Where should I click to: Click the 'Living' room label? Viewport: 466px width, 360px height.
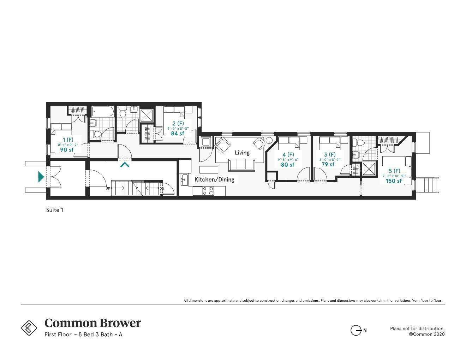[242, 153]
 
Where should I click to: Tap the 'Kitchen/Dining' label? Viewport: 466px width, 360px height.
[214, 179]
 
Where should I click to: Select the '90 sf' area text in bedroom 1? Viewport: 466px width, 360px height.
[67, 150]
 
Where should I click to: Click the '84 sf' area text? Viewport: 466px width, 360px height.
[178, 134]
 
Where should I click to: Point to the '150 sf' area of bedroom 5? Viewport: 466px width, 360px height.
[394, 181]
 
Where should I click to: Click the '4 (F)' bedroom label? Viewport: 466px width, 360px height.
[288, 154]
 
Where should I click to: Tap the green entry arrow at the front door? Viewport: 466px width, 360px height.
[41, 177]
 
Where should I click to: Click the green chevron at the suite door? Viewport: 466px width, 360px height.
[124, 164]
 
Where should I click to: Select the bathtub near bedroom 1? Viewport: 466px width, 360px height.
[103, 112]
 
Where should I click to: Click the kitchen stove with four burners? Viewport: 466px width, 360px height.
[208, 191]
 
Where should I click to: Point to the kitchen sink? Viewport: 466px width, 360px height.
[184, 179]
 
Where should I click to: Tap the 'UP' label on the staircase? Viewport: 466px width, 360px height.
[108, 188]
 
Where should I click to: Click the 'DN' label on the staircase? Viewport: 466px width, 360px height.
[162, 188]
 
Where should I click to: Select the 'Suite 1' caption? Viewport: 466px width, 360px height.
[55, 210]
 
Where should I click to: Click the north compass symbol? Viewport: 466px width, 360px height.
[356, 330]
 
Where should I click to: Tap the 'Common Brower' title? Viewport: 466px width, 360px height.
[92, 323]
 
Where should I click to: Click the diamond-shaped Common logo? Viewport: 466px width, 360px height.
[29, 327]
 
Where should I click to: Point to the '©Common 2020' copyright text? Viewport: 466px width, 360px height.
[426, 334]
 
